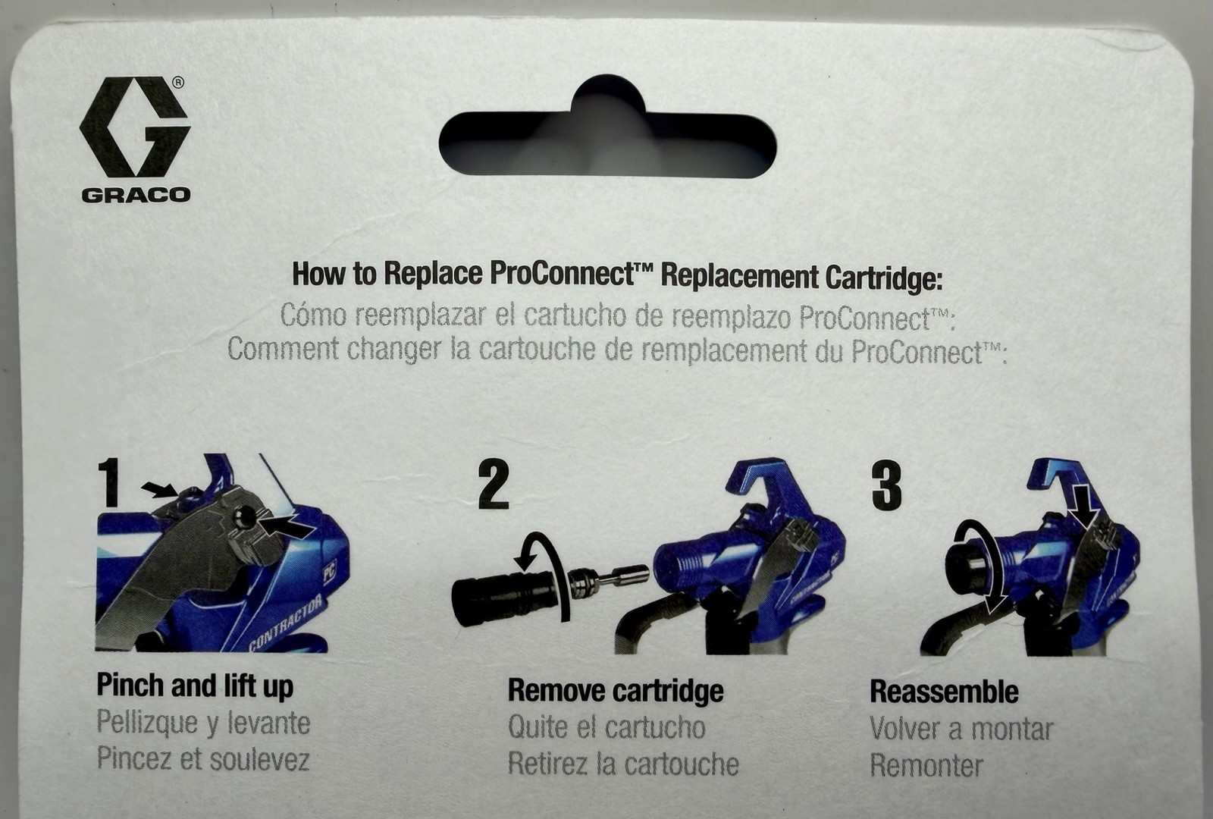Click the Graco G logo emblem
click(134, 127)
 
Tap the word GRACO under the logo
click(136, 195)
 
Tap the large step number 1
click(110, 483)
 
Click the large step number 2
click(494, 485)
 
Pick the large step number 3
click(886, 485)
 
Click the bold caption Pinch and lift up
click(195, 686)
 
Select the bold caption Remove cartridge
click(615, 691)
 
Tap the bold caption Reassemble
click(944, 692)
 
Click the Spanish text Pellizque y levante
click(203, 723)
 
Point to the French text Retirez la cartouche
click(622, 764)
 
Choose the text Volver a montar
click(961, 729)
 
